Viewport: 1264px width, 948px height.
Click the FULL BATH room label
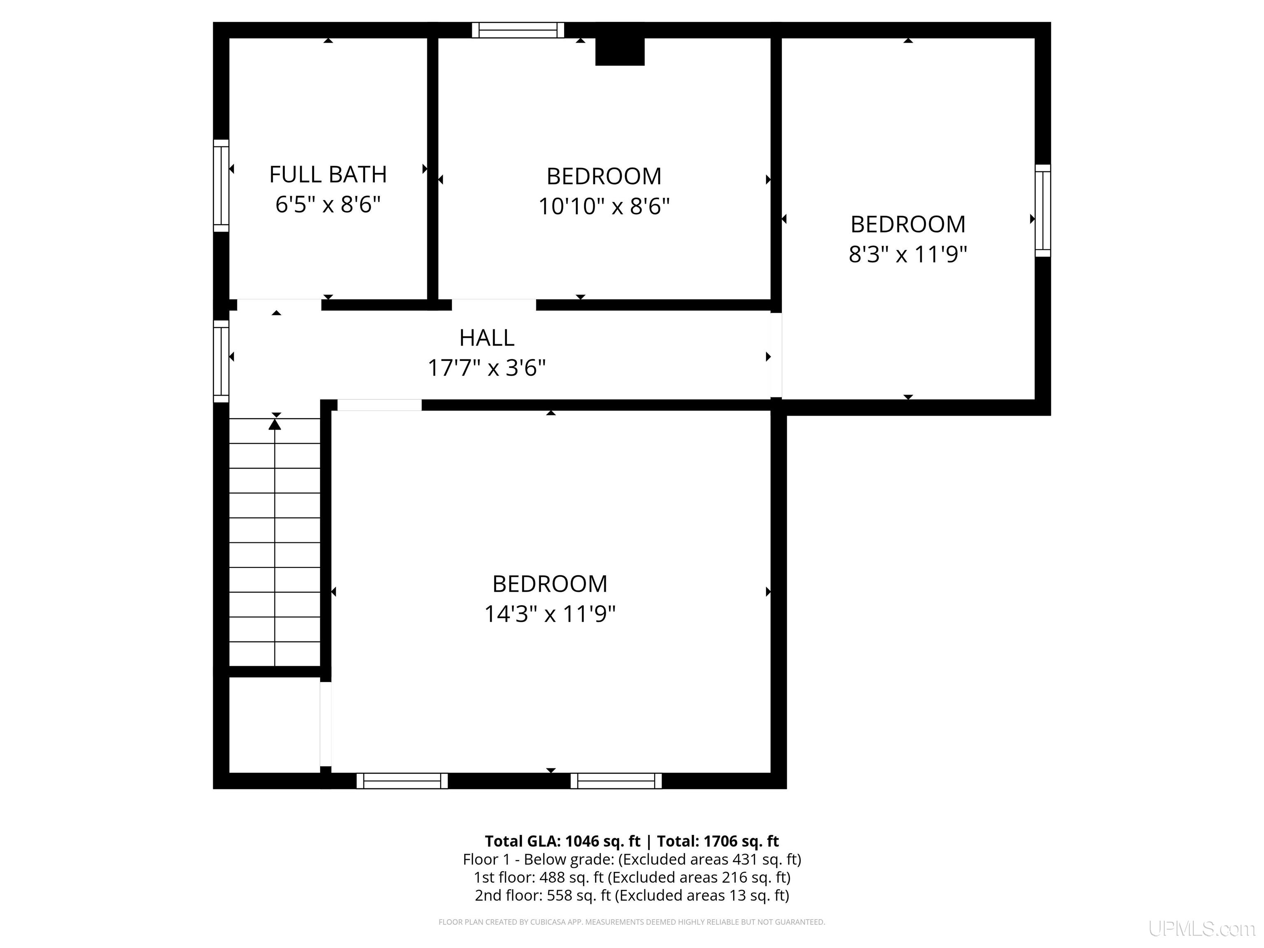328,174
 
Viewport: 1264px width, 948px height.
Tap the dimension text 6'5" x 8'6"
328,204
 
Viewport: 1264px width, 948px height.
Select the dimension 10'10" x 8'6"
604,206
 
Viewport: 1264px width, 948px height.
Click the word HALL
487,338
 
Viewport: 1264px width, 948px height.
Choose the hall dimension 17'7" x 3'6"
487,367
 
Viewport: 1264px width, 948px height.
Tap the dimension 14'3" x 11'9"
550,614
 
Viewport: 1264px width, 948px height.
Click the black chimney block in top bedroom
620,51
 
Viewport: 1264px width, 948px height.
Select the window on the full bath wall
221,186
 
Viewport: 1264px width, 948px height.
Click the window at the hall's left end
221,361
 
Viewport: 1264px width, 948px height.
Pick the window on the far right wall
1043,211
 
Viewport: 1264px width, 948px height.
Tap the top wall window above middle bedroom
518,30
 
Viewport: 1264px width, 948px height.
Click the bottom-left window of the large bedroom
402,781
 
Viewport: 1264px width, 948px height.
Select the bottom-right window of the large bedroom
616,781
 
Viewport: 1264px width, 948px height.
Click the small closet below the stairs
274,725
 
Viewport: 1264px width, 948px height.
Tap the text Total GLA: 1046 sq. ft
562,841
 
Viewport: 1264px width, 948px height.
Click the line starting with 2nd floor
632,895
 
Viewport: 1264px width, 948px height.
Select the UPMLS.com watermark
1202,929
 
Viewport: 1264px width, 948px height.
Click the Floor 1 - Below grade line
632,860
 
